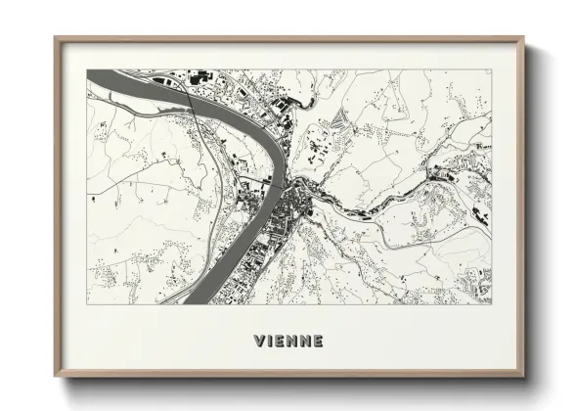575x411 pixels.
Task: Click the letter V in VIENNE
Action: pyautogui.click(x=258, y=342)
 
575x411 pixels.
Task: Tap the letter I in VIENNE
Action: pyautogui.click(x=271, y=342)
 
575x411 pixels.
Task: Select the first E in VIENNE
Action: pyautogui.click(x=281, y=342)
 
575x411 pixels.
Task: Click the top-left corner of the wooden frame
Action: pyautogui.click(x=56, y=39)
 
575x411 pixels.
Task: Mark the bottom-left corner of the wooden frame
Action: pyautogui.click(x=56, y=378)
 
